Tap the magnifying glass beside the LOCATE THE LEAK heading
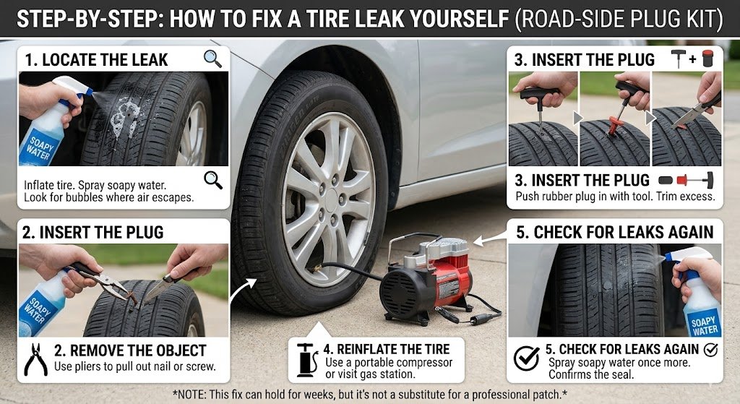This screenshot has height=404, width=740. coord(212,59)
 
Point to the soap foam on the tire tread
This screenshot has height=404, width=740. coord(124,116)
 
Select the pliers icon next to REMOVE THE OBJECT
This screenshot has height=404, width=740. coord(35,360)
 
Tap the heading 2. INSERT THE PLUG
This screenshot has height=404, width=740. coord(93,232)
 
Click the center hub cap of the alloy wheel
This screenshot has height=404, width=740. coord(331,195)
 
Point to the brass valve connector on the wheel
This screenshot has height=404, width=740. coord(316,270)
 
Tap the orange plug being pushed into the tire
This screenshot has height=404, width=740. coord(614,126)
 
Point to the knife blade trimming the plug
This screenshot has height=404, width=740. coord(687,116)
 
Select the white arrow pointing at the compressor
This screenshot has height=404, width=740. coord(489,239)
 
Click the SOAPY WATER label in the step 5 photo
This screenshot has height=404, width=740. coord(705,326)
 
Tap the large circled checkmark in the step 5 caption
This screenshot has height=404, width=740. coord(526,359)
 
